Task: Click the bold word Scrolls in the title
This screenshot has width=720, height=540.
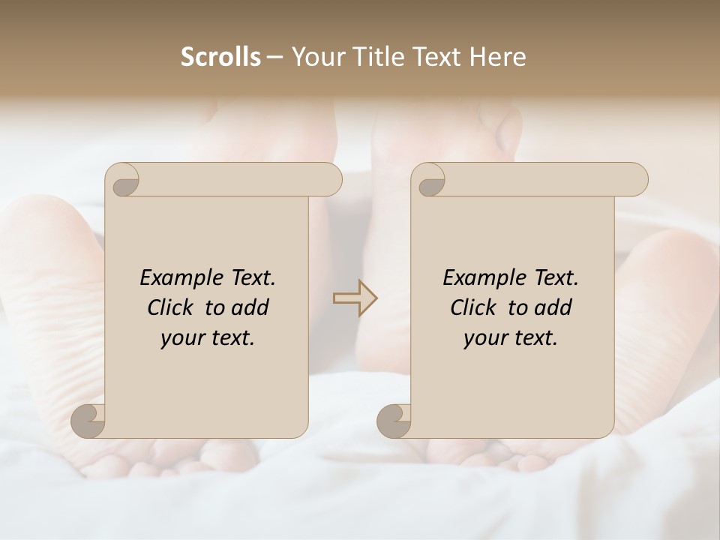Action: [x=220, y=57]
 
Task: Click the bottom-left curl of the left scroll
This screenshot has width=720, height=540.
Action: [x=88, y=420]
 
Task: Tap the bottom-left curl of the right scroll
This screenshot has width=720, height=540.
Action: [x=394, y=420]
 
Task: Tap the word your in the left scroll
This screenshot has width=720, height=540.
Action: [x=180, y=339]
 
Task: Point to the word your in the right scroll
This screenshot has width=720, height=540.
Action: [x=483, y=339]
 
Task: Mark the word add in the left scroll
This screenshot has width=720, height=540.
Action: [x=251, y=307]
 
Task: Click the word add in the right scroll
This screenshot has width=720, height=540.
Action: [x=554, y=307]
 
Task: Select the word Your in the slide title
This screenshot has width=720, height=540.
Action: [x=315, y=57]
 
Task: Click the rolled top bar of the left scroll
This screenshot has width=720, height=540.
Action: [x=240, y=179]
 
